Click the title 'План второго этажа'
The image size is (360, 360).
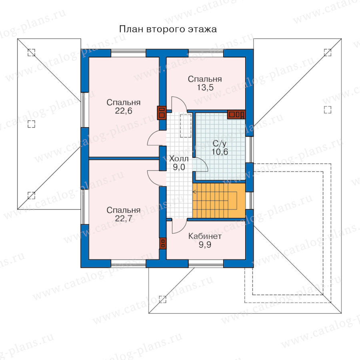click(168, 29)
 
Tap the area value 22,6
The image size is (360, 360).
click(124, 111)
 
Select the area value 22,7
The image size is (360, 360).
click(124, 219)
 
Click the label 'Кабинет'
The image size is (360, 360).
click(205, 236)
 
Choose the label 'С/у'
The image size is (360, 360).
click(218, 143)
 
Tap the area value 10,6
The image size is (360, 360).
click(218, 151)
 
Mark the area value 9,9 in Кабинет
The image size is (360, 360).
click(205, 244)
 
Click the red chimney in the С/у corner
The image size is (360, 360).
click(236, 114)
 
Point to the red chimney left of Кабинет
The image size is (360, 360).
click(163, 244)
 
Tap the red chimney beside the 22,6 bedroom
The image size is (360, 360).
click(162, 113)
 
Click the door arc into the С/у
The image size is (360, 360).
click(201, 164)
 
